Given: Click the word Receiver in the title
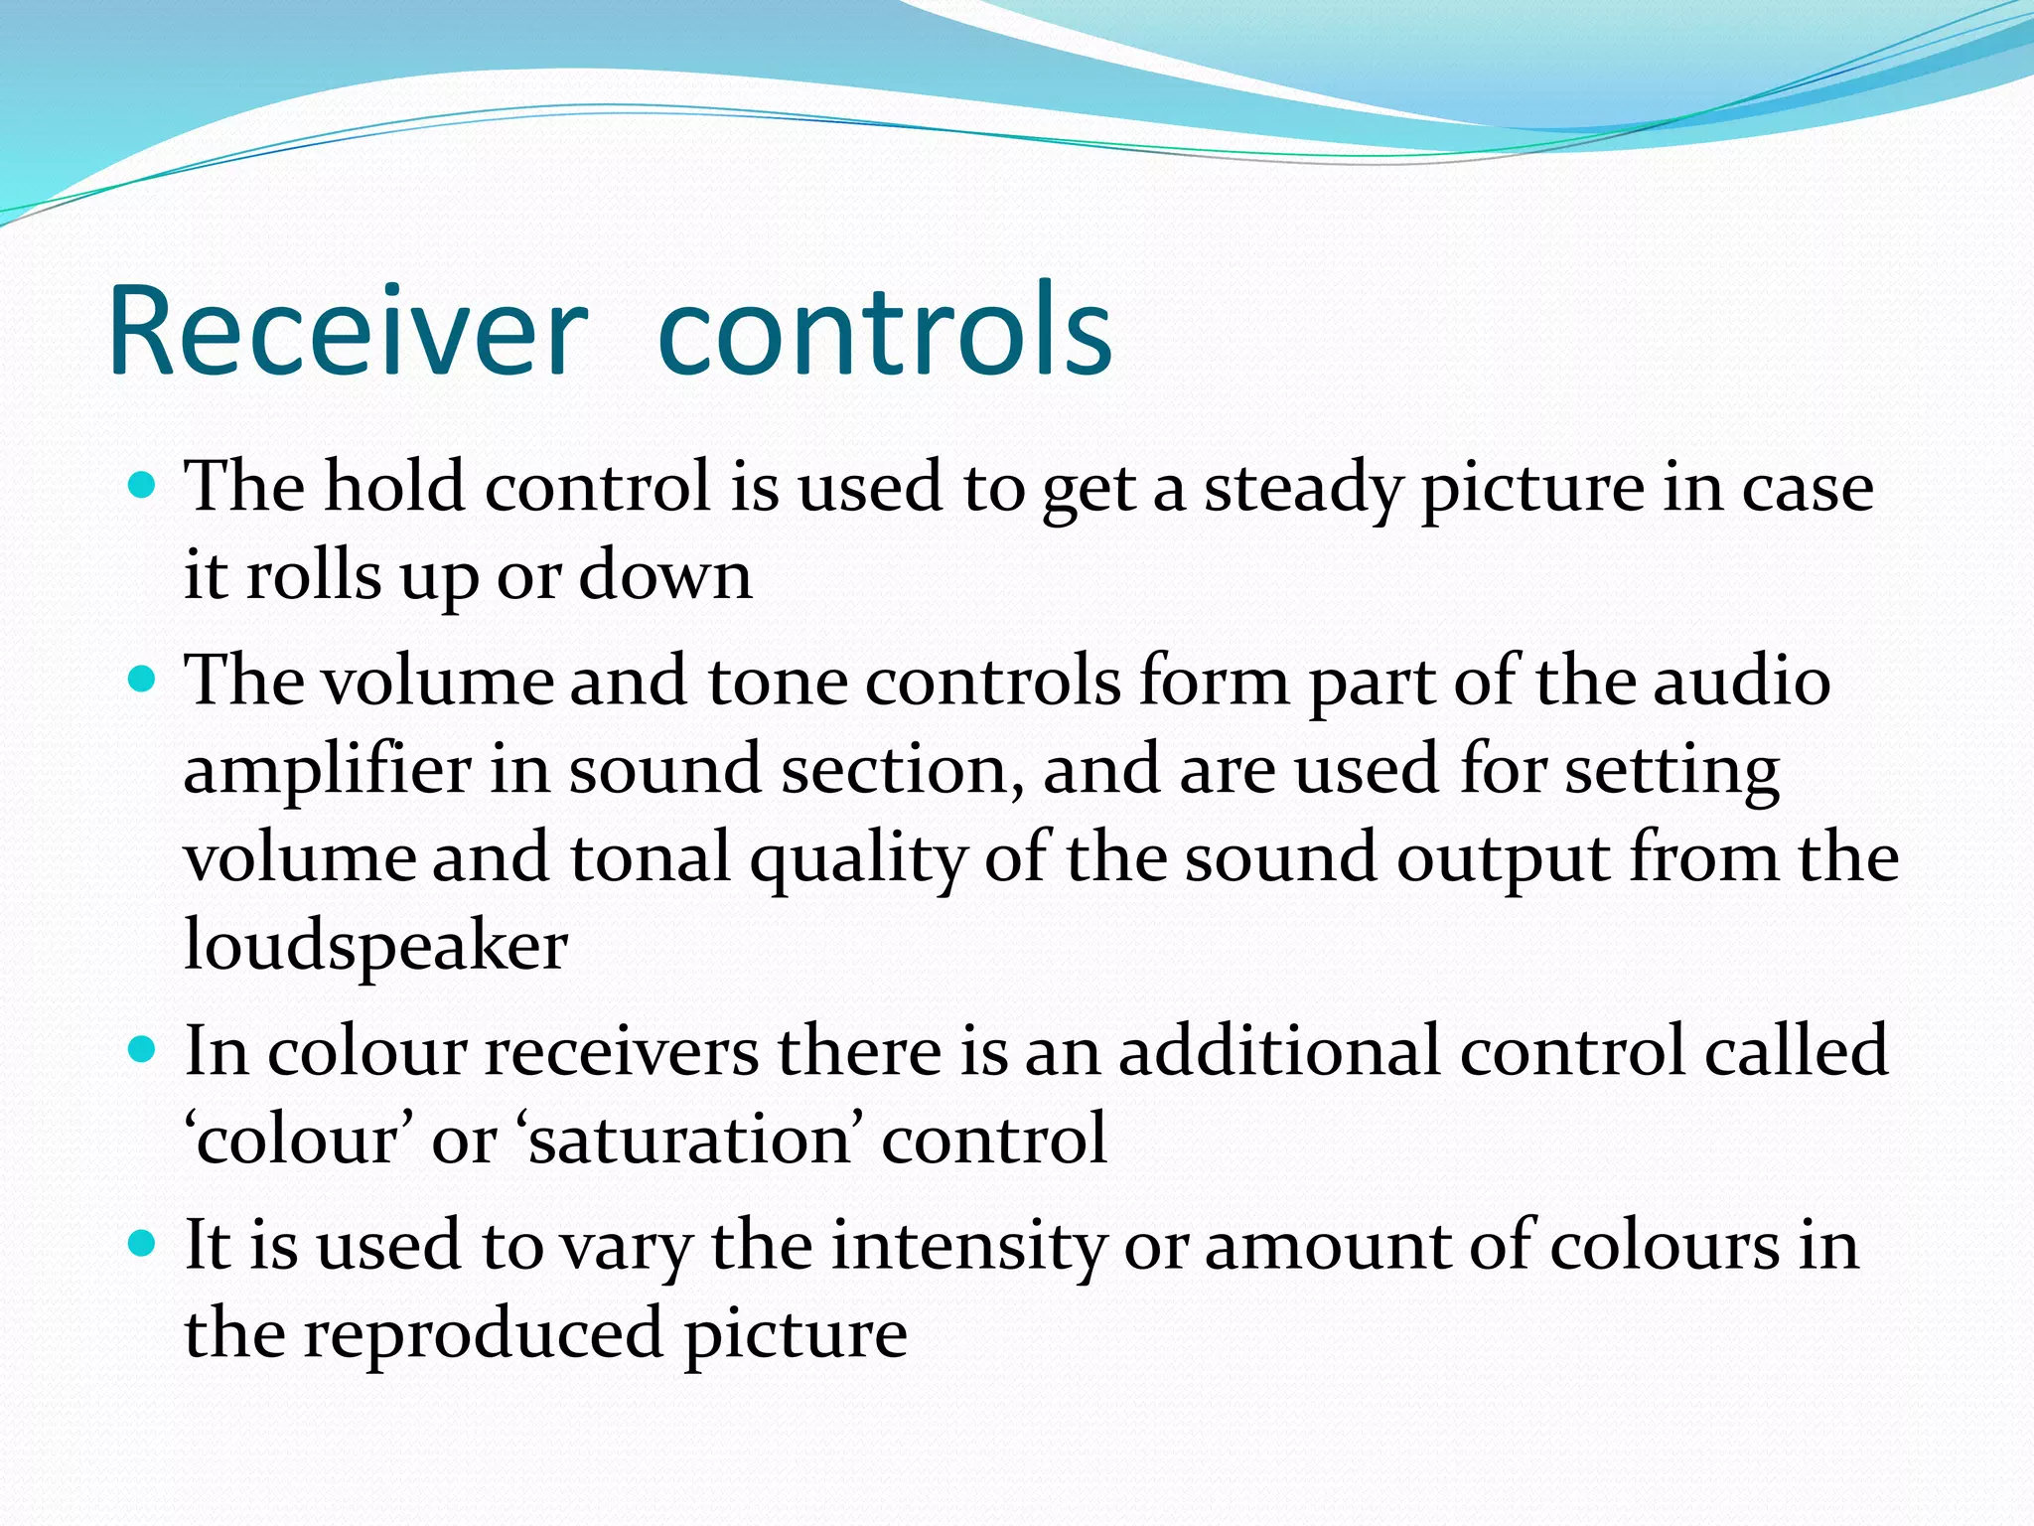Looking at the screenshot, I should click(348, 333).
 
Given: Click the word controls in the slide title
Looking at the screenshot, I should click(884, 333).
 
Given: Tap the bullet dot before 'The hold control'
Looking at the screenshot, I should click(143, 485).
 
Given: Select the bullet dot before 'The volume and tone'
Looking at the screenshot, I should click(143, 680).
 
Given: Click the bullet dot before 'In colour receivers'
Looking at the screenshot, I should click(143, 1049).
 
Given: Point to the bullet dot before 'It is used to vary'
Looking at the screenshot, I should click(143, 1243).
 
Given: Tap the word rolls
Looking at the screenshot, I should click(313, 575).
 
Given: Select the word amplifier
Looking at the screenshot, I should click(328, 770).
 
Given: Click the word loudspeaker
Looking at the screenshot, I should click(375, 945).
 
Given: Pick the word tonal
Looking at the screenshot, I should click(651, 857).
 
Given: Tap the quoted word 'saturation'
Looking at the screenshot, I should click(689, 1139).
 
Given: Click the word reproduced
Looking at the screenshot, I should click(483, 1333).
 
